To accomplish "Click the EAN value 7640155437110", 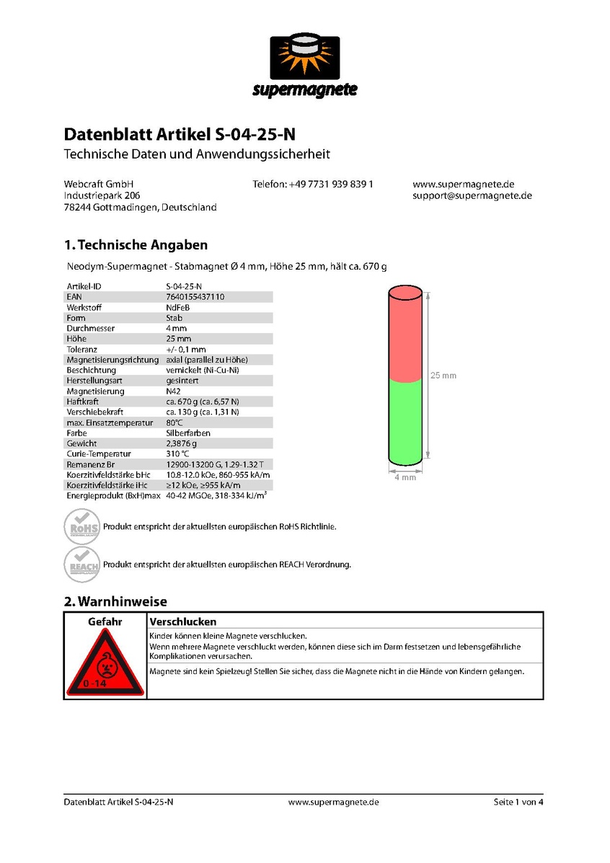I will (x=195, y=296).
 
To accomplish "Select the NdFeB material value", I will (x=177, y=307).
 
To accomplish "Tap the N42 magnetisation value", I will (x=174, y=391).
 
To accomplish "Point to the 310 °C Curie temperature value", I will (x=178, y=453).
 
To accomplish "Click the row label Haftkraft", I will (x=83, y=402).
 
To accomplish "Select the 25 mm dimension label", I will (x=443, y=376).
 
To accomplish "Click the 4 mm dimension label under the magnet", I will (x=405, y=478).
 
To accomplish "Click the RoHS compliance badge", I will (x=82, y=526).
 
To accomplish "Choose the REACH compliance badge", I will (x=82, y=564).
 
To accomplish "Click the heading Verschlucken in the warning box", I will (x=183, y=621).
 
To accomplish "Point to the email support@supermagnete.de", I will (x=472, y=195).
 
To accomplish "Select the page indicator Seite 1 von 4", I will (x=518, y=802).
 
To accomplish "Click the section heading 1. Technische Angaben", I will (x=136, y=245).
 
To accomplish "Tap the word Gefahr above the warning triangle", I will (x=105, y=621).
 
